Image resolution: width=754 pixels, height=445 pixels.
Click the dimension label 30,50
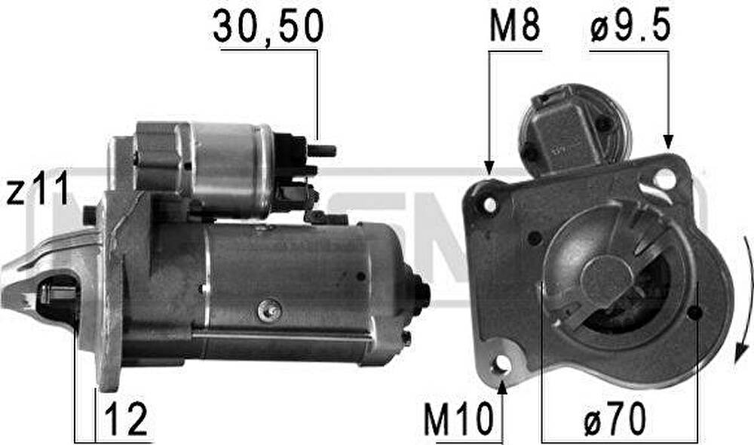point(268,26)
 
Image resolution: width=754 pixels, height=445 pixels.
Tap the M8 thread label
point(514,26)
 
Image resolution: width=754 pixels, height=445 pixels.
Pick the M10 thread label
point(458,419)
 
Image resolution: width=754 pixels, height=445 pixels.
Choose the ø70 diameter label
point(615,419)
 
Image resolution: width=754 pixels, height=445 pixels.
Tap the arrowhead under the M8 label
point(489,168)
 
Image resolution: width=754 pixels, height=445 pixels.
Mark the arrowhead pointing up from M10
point(501,387)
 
